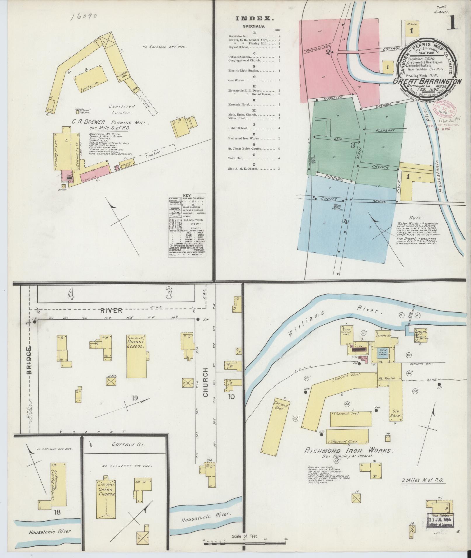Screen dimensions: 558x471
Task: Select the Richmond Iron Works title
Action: click(347, 458)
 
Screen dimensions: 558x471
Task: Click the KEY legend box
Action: click(187, 225)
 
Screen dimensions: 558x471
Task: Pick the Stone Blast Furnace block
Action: click(383, 353)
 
